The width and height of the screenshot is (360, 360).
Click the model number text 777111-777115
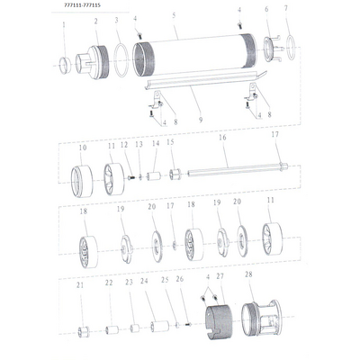pos(83,5)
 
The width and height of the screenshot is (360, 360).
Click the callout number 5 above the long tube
pos(174,15)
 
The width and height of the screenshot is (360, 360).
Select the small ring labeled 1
pos(65,66)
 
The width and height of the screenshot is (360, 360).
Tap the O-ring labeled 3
pos(121,60)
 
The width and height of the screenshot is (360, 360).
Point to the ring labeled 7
pos(292,48)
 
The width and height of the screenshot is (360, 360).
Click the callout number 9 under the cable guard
pos(201,121)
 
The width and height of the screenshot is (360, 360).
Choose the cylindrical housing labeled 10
pos(82,181)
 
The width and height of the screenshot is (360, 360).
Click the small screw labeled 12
pos(131,178)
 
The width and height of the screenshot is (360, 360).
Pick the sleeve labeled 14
pos(154,176)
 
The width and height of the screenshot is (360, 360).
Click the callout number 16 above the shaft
pos(222,138)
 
